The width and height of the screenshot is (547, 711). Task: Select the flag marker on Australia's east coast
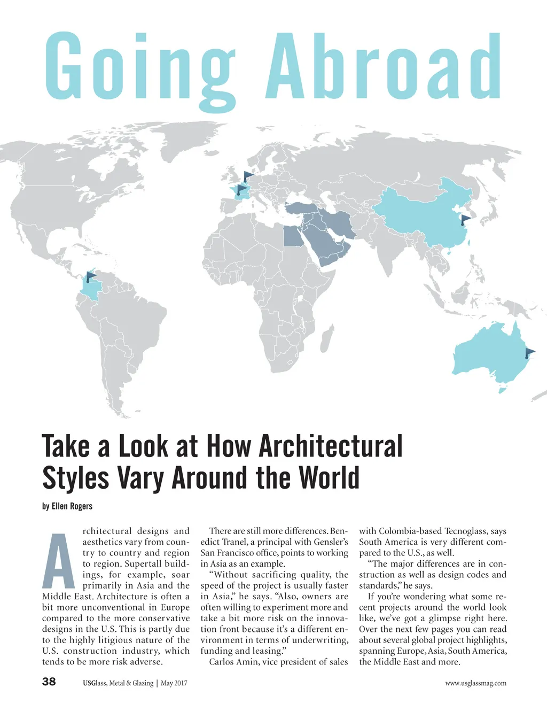click(529, 353)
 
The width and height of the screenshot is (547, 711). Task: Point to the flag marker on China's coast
click(466, 219)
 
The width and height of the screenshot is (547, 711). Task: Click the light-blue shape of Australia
click(486, 355)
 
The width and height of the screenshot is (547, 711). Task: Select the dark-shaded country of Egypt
click(292, 235)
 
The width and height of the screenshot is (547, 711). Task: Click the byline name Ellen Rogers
click(72, 506)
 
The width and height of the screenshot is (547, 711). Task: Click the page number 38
click(49, 682)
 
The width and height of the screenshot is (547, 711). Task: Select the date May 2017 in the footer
click(174, 683)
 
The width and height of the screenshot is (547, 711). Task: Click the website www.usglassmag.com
click(475, 683)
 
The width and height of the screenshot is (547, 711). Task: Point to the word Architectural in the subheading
click(331, 446)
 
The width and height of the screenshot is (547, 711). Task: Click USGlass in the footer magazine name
click(95, 683)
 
